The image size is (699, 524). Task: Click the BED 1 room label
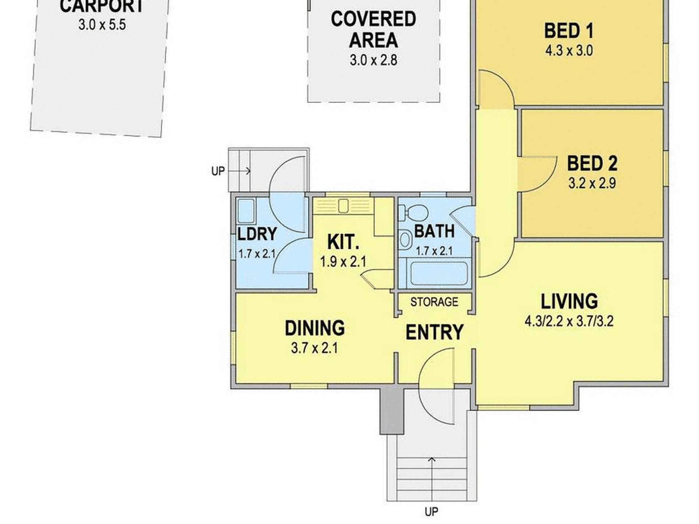point(569,31)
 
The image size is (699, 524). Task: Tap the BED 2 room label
point(592,164)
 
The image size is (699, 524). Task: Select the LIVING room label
point(569,301)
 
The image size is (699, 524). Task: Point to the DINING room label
point(315,328)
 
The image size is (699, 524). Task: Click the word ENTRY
point(434,332)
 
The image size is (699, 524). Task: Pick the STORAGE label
point(434,302)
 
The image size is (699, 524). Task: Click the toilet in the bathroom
point(414,213)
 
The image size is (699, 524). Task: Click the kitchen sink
point(343,206)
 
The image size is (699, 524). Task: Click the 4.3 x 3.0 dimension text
point(569,51)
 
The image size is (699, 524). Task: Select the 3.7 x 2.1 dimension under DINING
point(315,348)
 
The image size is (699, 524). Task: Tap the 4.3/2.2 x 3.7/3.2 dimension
point(569,321)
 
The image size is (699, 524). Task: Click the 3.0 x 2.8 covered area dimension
point(373,60)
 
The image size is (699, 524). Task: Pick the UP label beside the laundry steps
point(218,171)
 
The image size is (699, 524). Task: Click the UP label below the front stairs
point(432,511)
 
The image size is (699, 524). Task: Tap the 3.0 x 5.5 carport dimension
point(102,25)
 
